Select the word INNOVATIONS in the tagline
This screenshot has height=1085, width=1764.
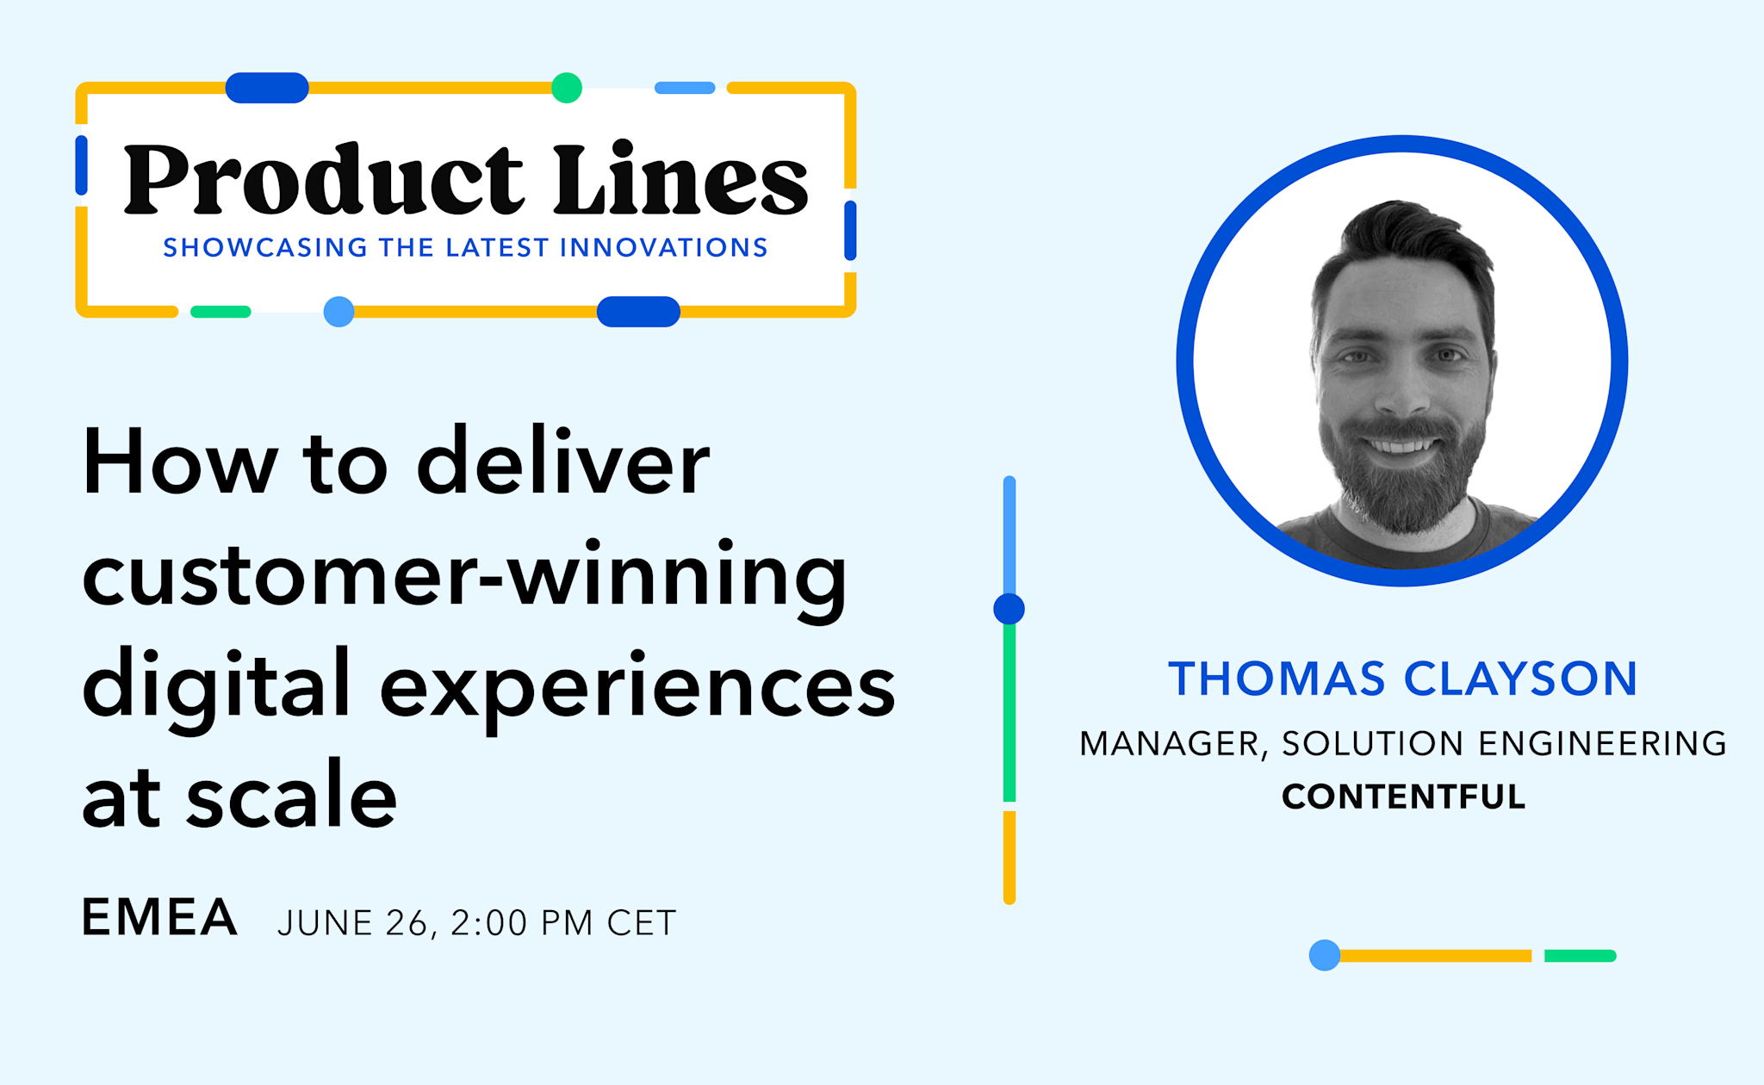coord(663,248)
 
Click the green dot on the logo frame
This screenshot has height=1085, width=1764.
coord(566,88)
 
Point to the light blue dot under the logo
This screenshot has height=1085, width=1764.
coord(339,312)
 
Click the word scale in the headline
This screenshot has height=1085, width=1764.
coord(291,797)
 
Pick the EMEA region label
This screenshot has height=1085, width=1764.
coord(159,917)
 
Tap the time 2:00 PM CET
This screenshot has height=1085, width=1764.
coord(564,923)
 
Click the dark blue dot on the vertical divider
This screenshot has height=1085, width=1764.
coord(1009,609)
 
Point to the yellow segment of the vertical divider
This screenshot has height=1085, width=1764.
coord(1009,857)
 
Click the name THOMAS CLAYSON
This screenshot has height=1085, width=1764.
coord(1402,679)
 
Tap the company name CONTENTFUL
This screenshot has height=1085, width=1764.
coord(1403,797)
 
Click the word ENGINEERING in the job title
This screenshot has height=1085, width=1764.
coord(1602,744)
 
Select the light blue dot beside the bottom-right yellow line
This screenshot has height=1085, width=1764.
coord(1325,955)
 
